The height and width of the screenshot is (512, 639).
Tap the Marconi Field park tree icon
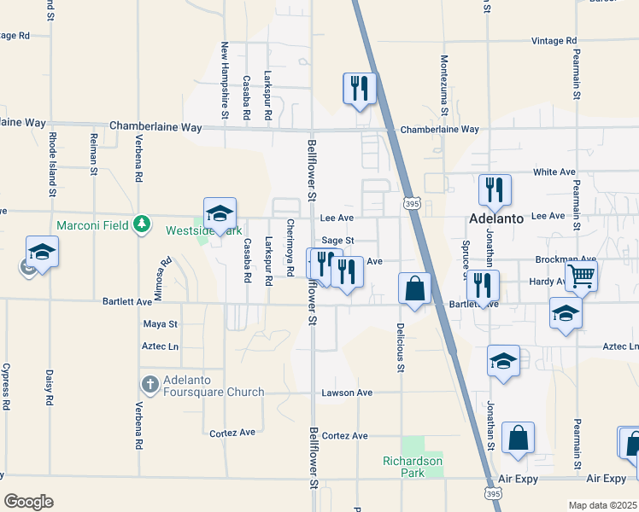click(x=142, y=224)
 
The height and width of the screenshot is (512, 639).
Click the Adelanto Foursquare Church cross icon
click(x=149, y=383)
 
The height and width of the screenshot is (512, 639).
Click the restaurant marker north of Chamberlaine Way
click(x=359, y=87)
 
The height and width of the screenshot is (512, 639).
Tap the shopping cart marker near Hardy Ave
click(x=581, y=276)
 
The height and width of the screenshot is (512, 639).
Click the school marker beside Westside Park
click(x=220, y=213)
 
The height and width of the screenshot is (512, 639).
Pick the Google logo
click(x=28, y=501)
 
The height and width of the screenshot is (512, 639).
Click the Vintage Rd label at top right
click(x=554, y=41)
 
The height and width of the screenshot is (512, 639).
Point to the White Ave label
click(x=554, y=172)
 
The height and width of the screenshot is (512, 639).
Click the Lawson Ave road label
click(x=347, y=393)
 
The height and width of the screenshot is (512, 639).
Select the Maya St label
click(x=161, y=324)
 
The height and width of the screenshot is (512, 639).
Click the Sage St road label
click(x=337, y=241)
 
